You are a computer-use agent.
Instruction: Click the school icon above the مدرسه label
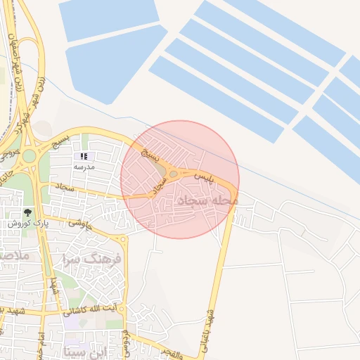84,156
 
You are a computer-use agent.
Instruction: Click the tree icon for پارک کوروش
27,212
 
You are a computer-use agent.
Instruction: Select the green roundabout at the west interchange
29,155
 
